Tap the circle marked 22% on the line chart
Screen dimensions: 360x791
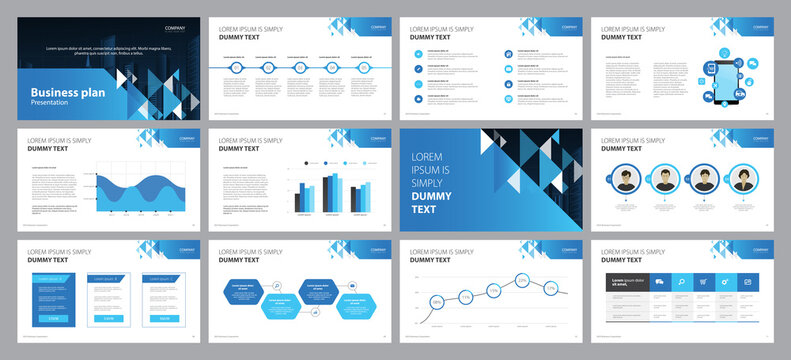tap(522, 281)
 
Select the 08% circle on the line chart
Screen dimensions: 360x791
tap(437, 301)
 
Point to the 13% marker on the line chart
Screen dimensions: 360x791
tap(550, 289)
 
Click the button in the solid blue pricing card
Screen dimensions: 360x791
tap(54, 317)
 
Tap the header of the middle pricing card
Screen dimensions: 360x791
tap(107, 278)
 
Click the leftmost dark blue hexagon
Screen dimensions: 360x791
tap(244, 289)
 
